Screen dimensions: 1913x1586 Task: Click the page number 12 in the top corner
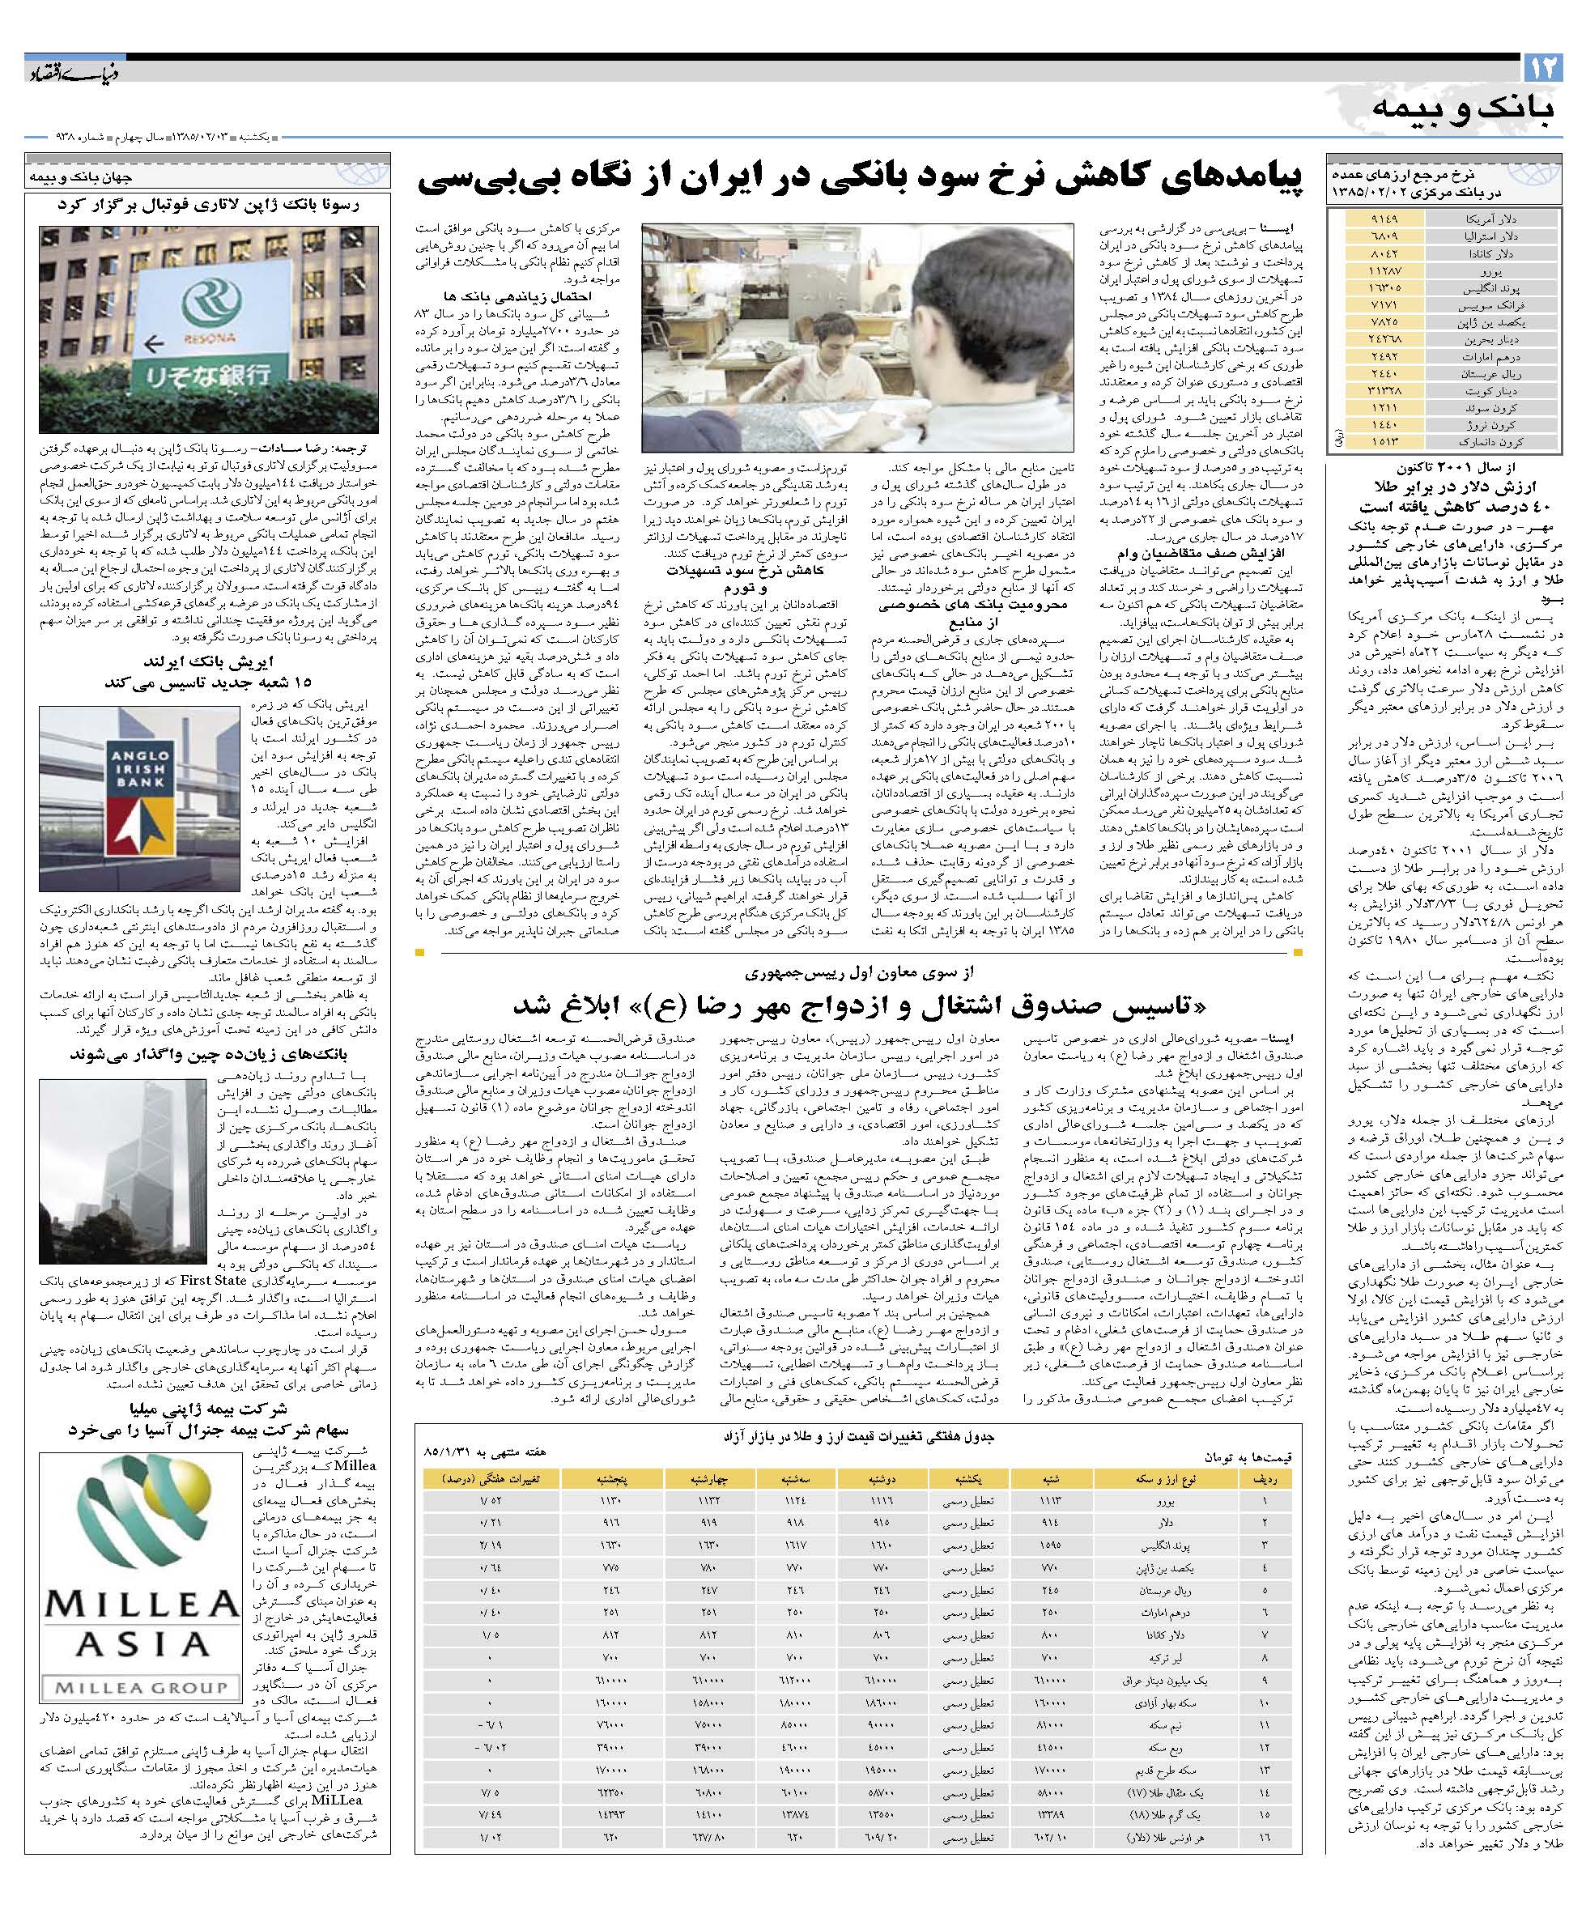[x=1543, y=67]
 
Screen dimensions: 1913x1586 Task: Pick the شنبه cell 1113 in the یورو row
[x=1048, y=1499]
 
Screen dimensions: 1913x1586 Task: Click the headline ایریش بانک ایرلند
[x=209, y=661]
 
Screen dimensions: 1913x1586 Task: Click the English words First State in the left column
[x=217, y=1280]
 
